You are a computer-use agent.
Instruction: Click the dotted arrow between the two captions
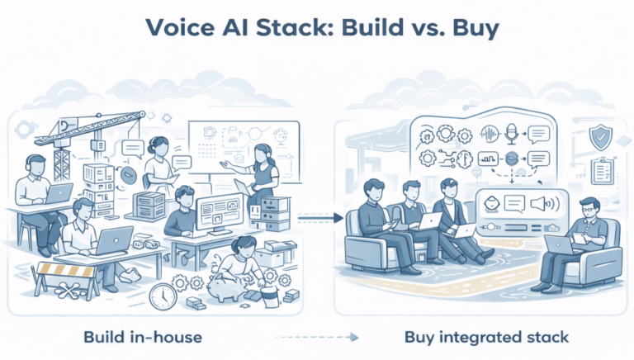tap(316, 337)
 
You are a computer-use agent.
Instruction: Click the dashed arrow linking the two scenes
tap(317, 218)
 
